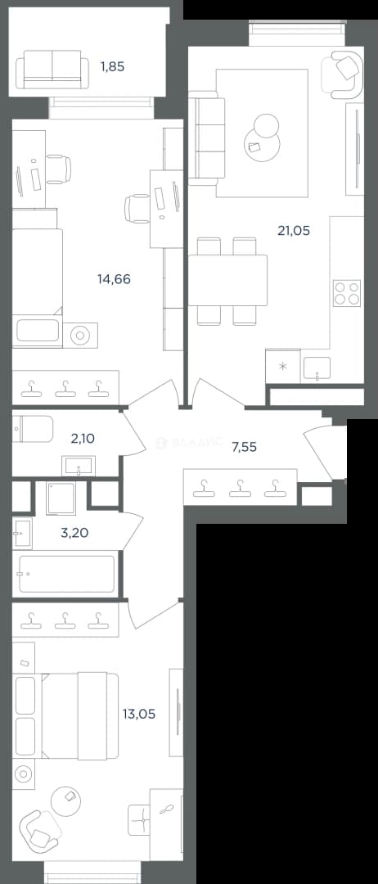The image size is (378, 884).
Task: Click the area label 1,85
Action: pos(112,66)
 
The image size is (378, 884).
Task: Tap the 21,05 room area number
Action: pos(294,230)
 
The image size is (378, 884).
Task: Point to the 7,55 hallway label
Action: pos(245,447)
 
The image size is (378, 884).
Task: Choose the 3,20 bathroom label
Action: pos(74,532)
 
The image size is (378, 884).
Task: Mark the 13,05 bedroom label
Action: pos(138,714)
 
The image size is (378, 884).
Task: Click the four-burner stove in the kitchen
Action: pos(346,293)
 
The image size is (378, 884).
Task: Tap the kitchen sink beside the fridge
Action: pos(317,368)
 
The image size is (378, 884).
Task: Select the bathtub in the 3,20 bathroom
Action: pos(67,574)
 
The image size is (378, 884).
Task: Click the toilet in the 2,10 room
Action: pos(33,429)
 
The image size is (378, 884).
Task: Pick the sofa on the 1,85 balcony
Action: pos(52,70)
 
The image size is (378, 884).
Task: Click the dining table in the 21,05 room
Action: pos(227,280)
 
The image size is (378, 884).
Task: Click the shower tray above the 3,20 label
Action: pos(61,498)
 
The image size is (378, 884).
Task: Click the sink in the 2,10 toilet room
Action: pos(79,467)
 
